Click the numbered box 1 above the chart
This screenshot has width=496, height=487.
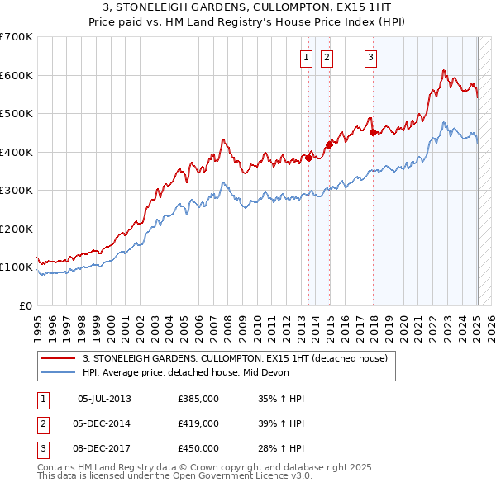pos(306,57)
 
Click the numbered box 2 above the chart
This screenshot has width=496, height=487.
pos(327,57)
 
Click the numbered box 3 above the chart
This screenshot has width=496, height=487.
pos(370,57)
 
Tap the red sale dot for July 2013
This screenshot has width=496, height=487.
pos(309,158)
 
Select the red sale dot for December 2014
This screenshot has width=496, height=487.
pos(329,144)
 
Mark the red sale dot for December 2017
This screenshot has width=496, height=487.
pos(373,132)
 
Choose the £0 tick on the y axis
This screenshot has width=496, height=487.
pos(25,305)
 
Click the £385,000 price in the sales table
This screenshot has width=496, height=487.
pos(198,399)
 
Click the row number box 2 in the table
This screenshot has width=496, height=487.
pos(42,423)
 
